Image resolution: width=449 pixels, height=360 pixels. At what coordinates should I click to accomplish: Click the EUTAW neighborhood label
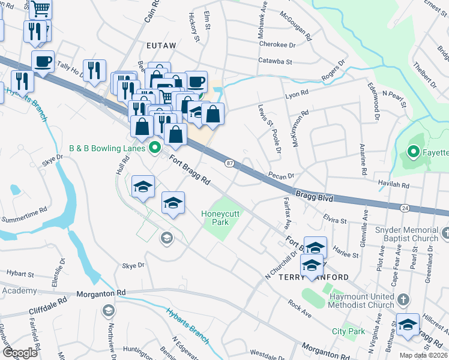pyautogui.click(x=160, y=44)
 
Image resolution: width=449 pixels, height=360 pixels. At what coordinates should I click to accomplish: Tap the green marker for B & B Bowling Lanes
pyautogui.click(x=155, y=147)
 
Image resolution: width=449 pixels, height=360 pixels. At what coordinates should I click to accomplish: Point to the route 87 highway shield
pyautogui.click(x=229, y=163)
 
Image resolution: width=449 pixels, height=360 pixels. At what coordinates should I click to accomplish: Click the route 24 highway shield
pyautogui.click(x=404, y=208)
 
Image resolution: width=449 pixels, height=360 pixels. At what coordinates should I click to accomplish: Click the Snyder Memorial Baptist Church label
pyautogui.click(x=408, y=235)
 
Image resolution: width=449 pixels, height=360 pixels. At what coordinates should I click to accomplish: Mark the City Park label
pyautogui.click(x=348, y=331)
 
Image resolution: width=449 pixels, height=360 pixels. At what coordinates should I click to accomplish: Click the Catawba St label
pyautogui.click(x=275, y=61)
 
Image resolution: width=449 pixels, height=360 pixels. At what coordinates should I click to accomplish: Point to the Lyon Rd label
pyautogui.click(x=297, y=94)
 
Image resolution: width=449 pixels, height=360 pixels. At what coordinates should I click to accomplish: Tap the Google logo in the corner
pyautogui.click(x=20, y=353)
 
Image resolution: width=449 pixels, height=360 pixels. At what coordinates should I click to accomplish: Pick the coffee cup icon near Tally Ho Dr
pyautogui.click(x=43, y=61)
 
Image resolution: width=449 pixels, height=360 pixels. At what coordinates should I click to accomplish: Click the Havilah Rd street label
pyautogui.click(x=393, y=185)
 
